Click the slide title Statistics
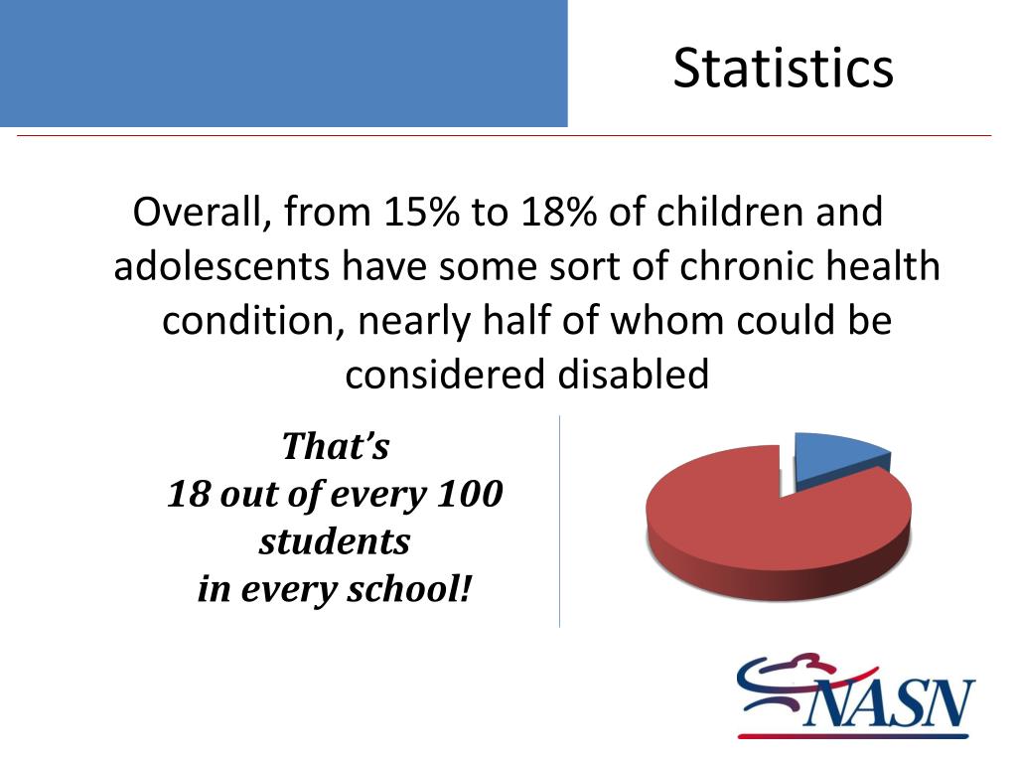tap(783, 69)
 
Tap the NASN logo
tap(855, 697)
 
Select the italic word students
tap(335, 541)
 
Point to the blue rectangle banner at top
tap(283, 63)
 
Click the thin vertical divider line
tap(559, 522)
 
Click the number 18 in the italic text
tap(186, 494)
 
